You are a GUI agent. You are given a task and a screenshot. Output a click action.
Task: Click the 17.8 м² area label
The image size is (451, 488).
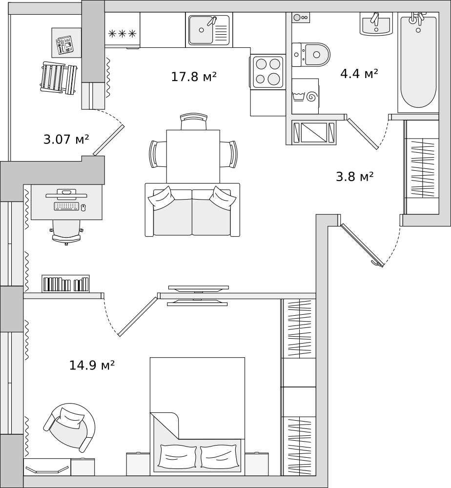(x=194, y=77)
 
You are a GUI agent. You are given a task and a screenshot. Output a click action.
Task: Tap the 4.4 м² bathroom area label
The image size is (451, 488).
(x=359, y=74)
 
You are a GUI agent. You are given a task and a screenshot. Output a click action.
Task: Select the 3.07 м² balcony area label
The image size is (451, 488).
(x=66, y=140)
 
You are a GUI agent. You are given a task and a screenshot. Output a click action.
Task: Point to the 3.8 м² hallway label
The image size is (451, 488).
(x=355, y=177)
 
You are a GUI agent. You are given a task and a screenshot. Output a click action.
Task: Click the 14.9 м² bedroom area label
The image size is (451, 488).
(x=92, y=365)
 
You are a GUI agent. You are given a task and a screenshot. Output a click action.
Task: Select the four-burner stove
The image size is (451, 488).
(x=268, y=72)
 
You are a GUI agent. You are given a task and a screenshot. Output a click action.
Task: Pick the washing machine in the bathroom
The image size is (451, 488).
(x=305, y=96)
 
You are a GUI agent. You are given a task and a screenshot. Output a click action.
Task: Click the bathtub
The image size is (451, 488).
(x=418, y=61)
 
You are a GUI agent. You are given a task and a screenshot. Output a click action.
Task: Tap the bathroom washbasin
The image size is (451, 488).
(x=376, y=24)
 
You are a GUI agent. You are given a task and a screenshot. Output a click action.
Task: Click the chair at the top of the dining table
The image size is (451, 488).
(x=194, y=122)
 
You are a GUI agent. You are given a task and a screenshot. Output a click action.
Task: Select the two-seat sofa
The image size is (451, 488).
(x=192, y=211)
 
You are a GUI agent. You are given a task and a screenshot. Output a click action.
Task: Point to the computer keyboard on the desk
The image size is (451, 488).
(x=66, y=206)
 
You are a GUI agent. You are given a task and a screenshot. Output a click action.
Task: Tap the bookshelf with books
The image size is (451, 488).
(x=65, y=284)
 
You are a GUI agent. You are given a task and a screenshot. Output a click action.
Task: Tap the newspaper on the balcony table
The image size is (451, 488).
(x=64, y=44)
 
